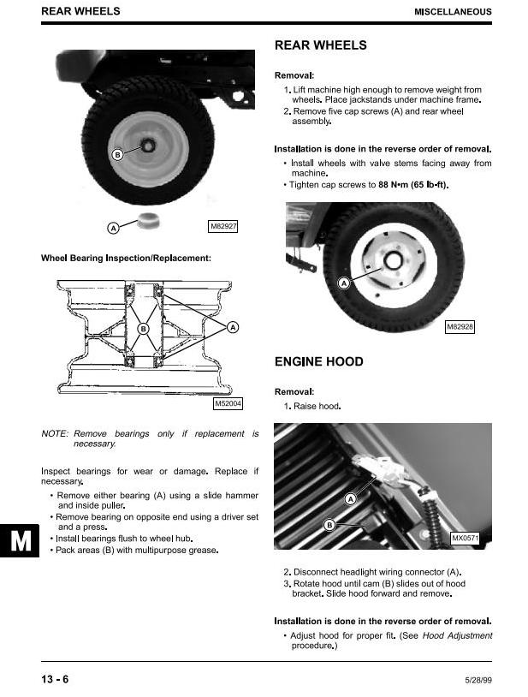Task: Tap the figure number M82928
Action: pos(460,327)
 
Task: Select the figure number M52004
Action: pos(228,404)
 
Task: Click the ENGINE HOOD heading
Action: pos(318,361)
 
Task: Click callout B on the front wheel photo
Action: pos(118,154)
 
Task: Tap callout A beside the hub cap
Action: pos(113,228)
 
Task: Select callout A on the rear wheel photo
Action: pos(344,283)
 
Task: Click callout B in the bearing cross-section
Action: pos(143,329)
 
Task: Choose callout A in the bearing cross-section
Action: pos(233,328)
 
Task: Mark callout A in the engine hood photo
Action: pos(350,499)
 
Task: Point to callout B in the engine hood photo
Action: pos(329,525)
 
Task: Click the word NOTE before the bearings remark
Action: pos(55,434)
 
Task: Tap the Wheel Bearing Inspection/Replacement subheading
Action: pos(126,258)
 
